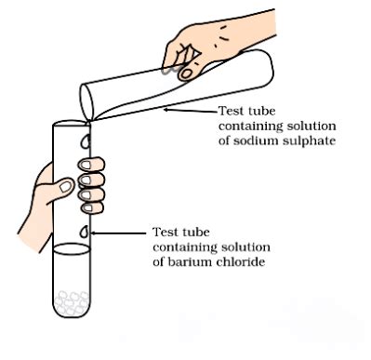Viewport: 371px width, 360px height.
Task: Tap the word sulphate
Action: [x=311, y=141]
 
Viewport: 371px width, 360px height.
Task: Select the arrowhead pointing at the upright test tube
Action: [x=94, y=233]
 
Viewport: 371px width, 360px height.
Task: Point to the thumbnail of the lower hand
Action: [x=64, y=186]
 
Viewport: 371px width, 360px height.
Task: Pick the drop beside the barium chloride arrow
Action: [x=86, y=232]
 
